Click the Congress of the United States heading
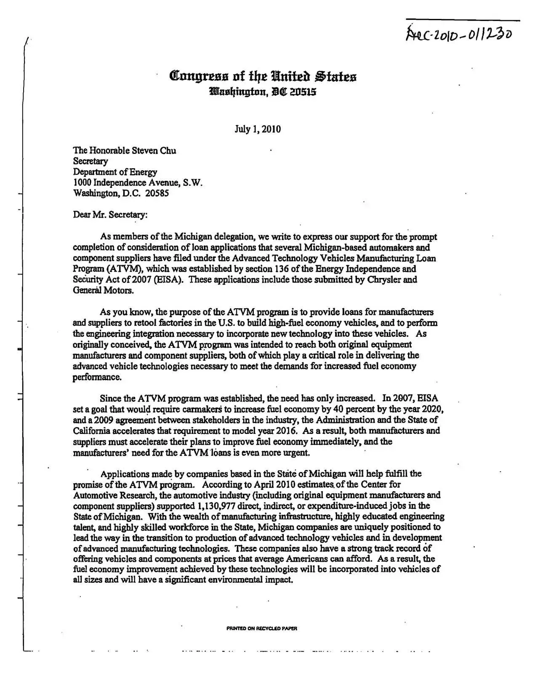[x=263, y=77]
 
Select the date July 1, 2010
[x=258, y=129]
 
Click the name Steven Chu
[x=154, y=151]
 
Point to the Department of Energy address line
[x=115, y=172]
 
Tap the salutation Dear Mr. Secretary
[x=110, y=215]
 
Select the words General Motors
[x=103, y=290]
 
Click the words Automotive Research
[x=109, y=495]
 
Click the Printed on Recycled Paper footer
[x=262, y=629]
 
